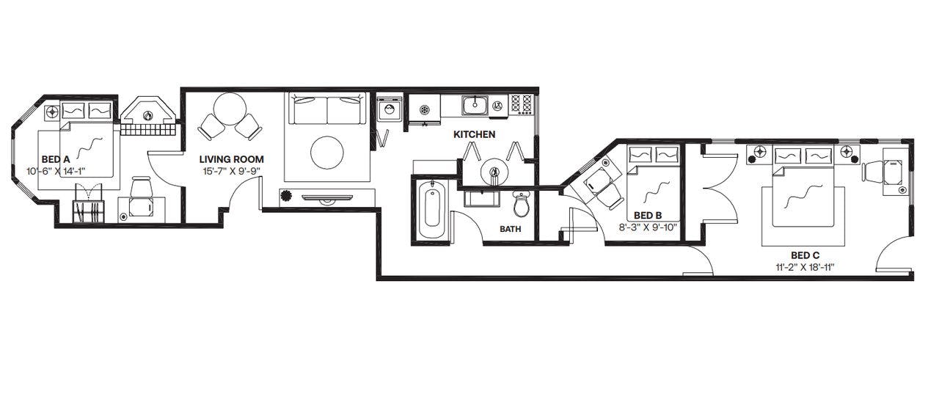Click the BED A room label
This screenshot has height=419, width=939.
[56, 159]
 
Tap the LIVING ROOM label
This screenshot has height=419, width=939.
[231, 159]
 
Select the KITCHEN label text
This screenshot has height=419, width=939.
[475, 134]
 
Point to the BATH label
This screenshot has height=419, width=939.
[510, 229]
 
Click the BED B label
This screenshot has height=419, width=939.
[648, 216]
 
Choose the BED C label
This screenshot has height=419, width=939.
[805, 255]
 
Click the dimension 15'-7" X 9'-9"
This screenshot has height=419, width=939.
[231, 171]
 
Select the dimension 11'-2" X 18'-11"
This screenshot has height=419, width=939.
[805, 267]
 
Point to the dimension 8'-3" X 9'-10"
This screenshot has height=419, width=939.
[648, 227]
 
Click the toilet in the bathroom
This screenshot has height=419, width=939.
[522, 204]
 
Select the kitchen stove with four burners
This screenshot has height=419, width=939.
[522, 105]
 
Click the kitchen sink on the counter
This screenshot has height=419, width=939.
[475, 104]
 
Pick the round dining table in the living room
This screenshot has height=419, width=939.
[230, 108]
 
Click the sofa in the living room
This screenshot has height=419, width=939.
[326, 109]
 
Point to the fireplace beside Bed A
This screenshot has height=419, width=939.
[148, 115]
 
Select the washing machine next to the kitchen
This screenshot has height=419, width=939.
[390, 109]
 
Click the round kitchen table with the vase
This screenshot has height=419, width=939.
[494, 171]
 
